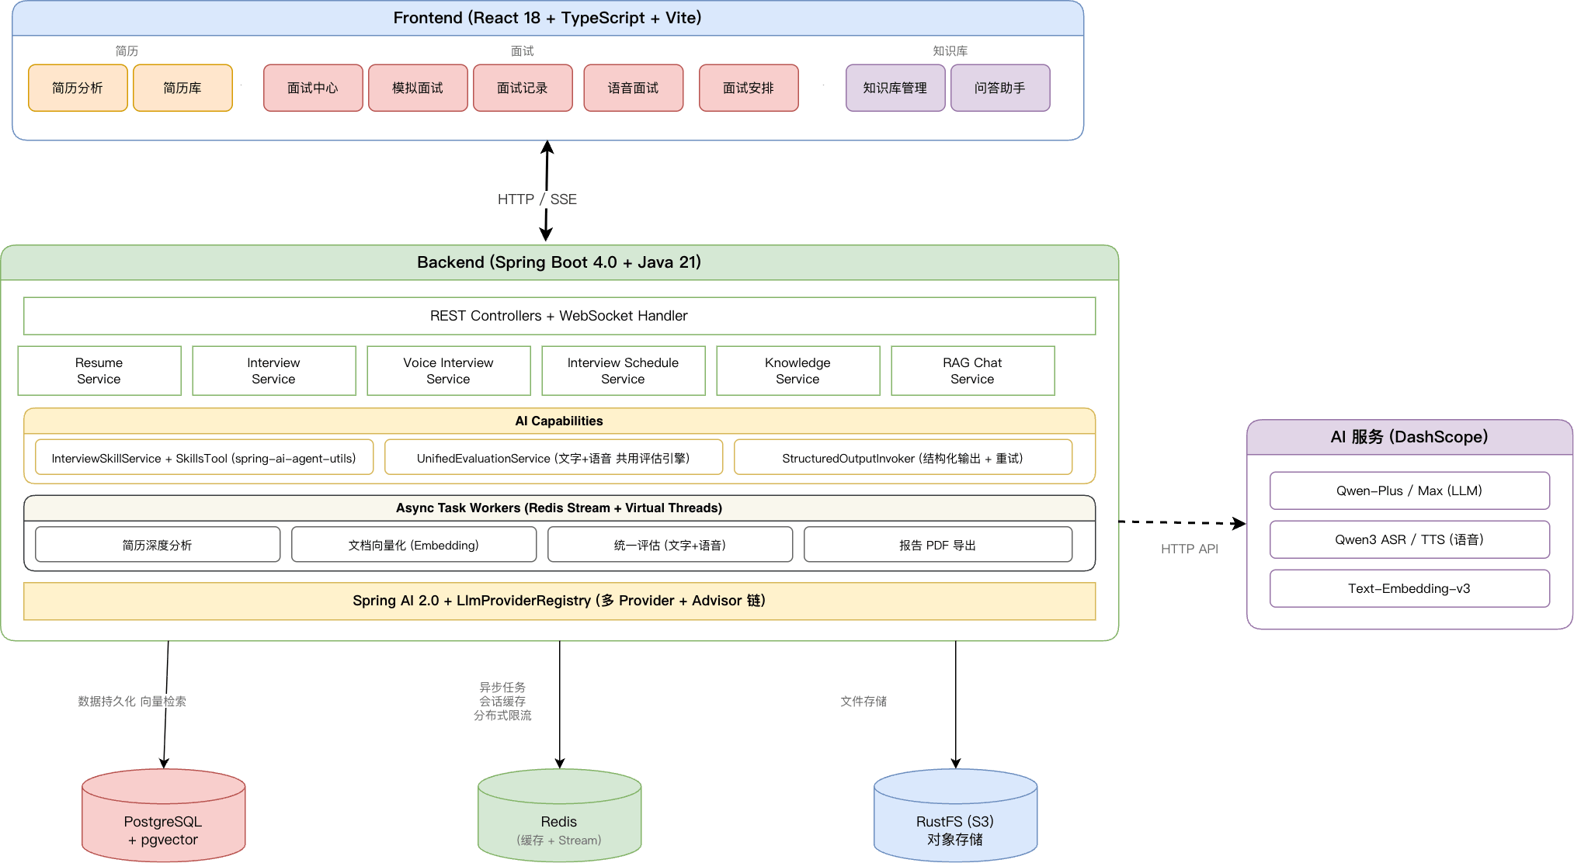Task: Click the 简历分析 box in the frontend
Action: tap(78, 88)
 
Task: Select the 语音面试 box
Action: tap(633, 88)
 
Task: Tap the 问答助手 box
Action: tap(1000, 88)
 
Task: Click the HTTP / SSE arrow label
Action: tap(537, 199)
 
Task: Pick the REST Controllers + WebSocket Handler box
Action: tap(559, 316)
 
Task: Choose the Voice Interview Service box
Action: tap(449, 371)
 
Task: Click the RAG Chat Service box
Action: tap(973, 371)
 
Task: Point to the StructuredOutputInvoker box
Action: tap(903, 458)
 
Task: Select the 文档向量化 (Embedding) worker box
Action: tap(414, 545)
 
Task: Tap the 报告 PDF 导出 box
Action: tap(938, 545)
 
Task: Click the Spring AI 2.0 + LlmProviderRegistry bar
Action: tap(559, 601)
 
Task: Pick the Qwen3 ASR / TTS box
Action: tap(1409, 539)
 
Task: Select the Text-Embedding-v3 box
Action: tap(1409, 588)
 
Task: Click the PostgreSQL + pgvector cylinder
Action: tap(164, 815)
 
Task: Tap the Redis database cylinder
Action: tap(560, 815)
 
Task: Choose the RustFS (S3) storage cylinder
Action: tap(956, 815)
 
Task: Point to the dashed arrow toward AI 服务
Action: tap(1182, 522)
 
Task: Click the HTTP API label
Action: tap(1190, 549)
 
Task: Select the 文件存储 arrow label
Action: tap(863, 702)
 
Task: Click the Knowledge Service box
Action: tap(798, 371)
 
